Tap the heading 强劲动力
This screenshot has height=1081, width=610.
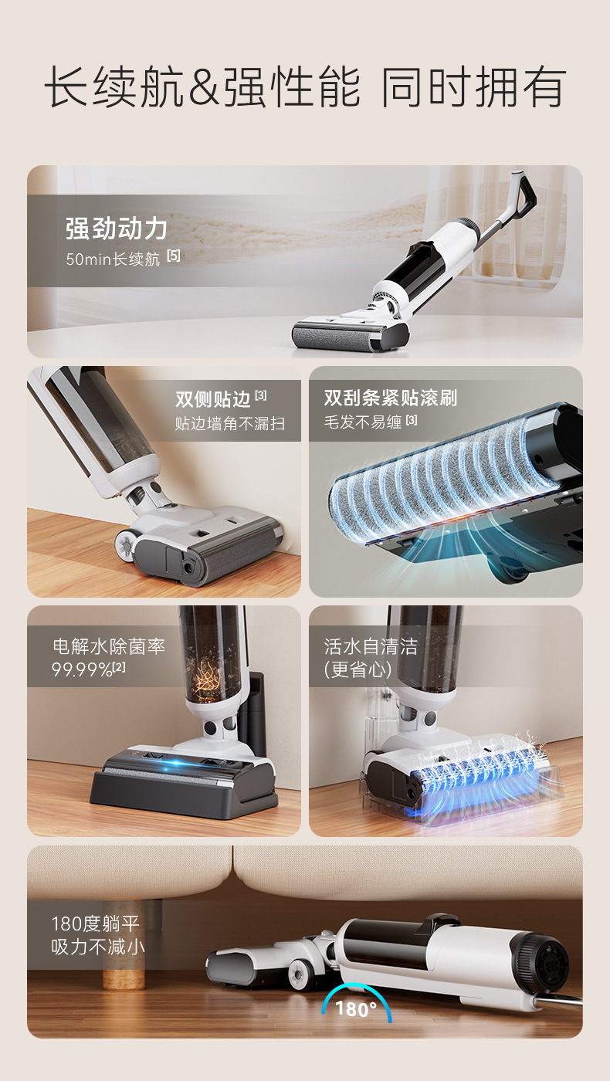(x=116, y=229)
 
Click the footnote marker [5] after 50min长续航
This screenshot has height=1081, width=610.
(x=174, y=256)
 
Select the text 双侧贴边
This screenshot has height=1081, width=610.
(x=212, y=398)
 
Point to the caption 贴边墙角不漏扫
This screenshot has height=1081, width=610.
(x=229, y=424)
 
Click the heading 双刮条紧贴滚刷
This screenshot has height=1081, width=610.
(x=390, y=398)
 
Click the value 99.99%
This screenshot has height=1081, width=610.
(x=82, y=669)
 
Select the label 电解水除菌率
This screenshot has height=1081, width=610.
(x=108, y=646)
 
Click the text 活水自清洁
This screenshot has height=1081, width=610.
(x=371, y=646)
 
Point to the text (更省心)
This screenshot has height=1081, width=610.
(x=358, y=669)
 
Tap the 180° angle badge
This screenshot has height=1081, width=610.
(x=356, y=1008)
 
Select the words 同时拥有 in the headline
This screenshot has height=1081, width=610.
(x=473, y=87)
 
